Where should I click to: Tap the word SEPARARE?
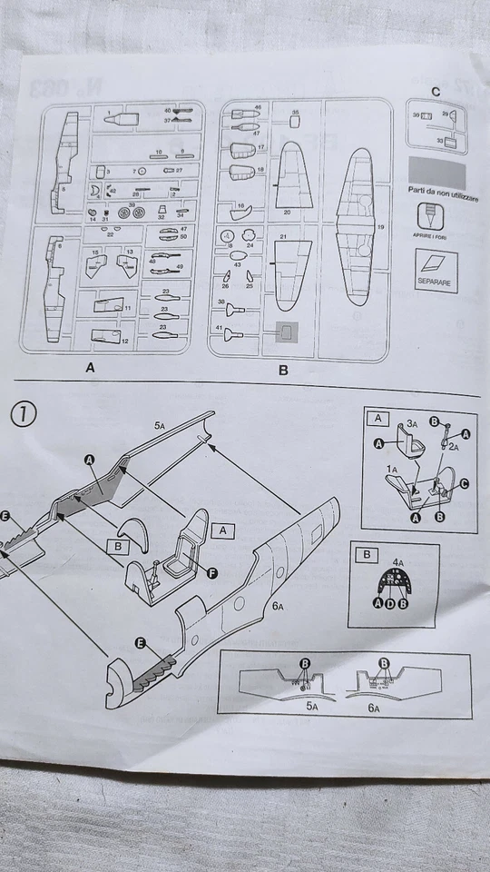click(435, 282)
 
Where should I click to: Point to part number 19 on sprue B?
click(380, 226)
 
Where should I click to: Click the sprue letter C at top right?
click(436, 92)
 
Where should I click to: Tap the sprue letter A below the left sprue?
click(89, 370)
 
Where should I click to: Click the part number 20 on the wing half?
click(287, 212)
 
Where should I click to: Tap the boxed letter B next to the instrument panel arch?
click(114, 547)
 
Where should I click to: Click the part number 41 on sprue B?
click(220, 326)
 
